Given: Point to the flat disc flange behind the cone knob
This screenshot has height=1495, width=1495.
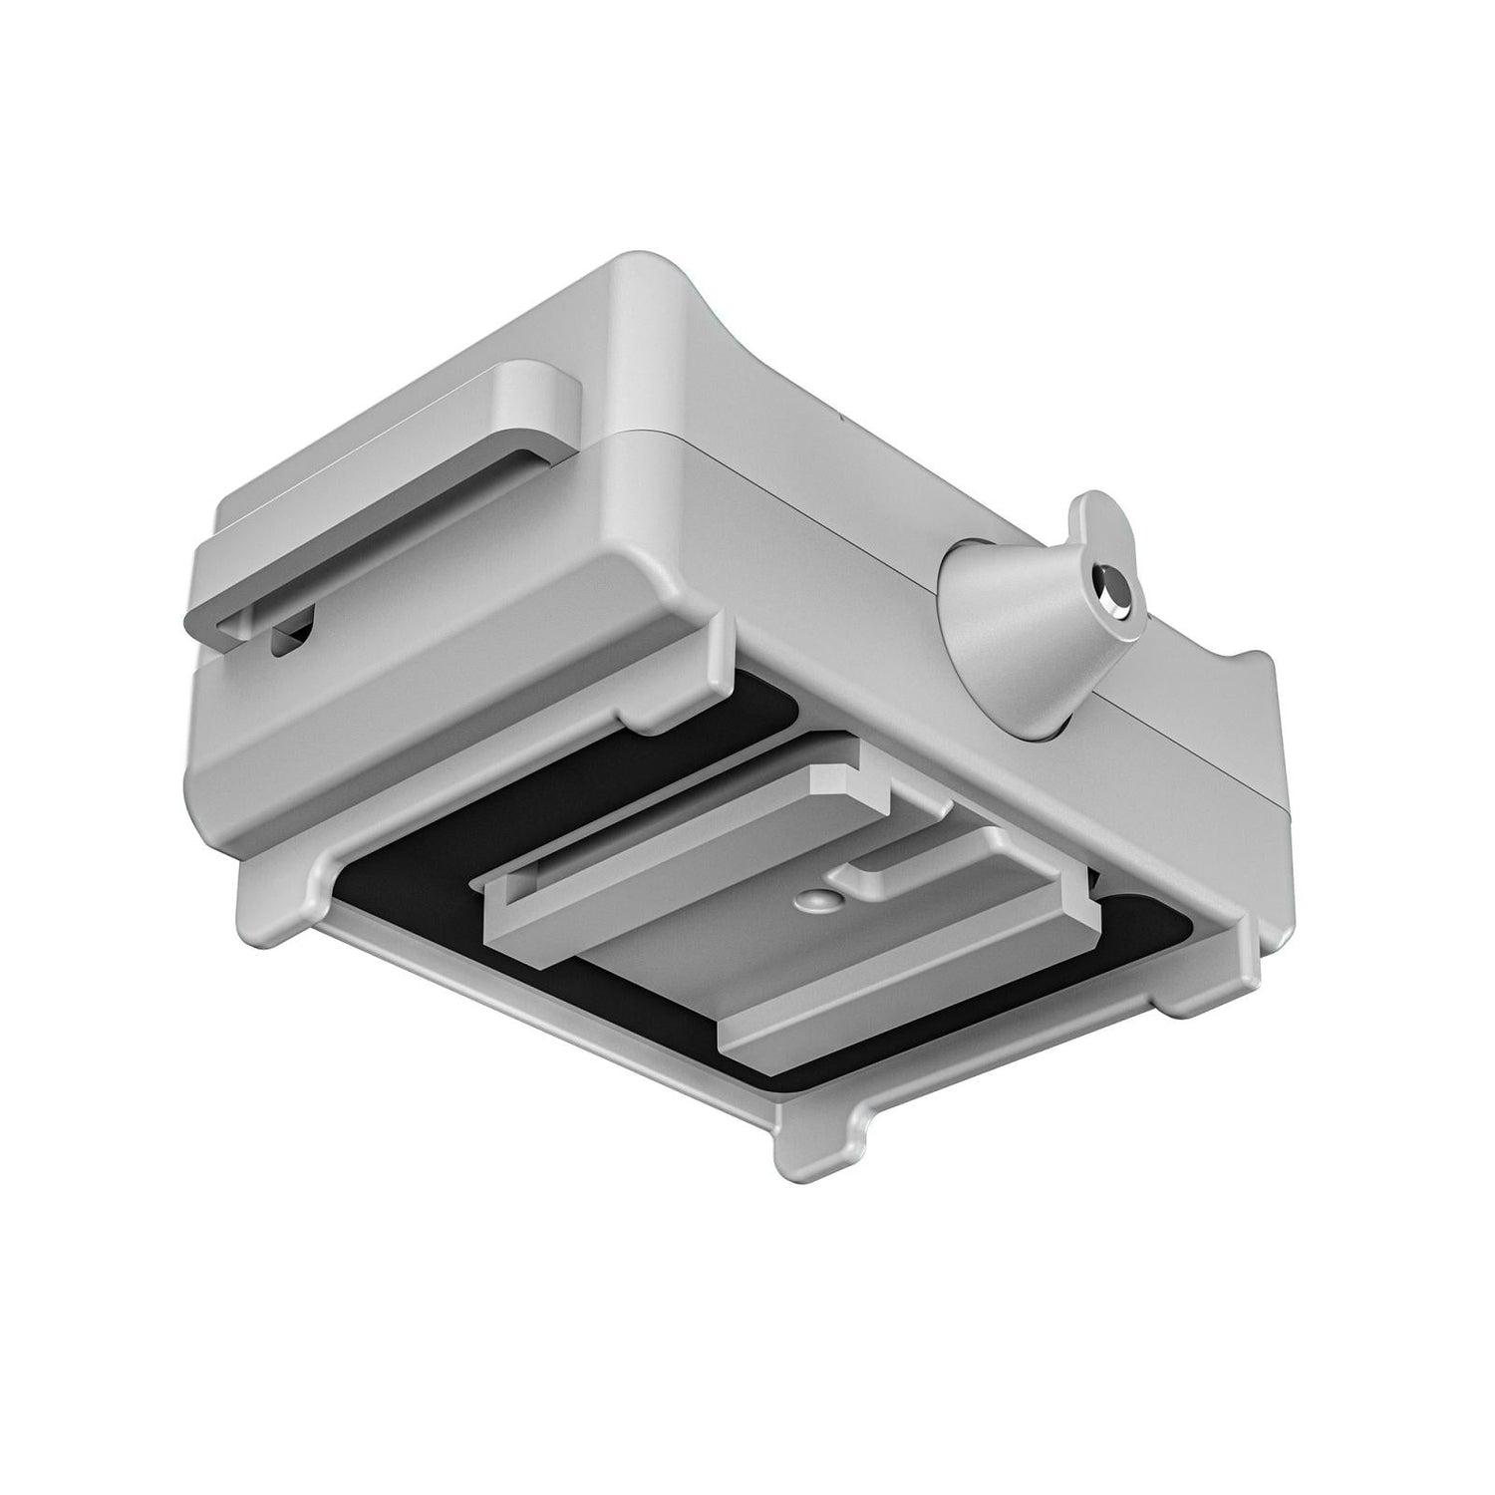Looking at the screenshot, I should (1096, 518).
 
